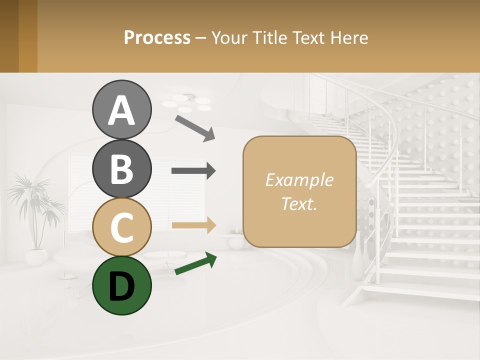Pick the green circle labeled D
121,285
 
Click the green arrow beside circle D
195,263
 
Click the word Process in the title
157,38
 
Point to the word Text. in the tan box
299,204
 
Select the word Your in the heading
229,38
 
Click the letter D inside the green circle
121,287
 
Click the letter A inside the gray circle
121,111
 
